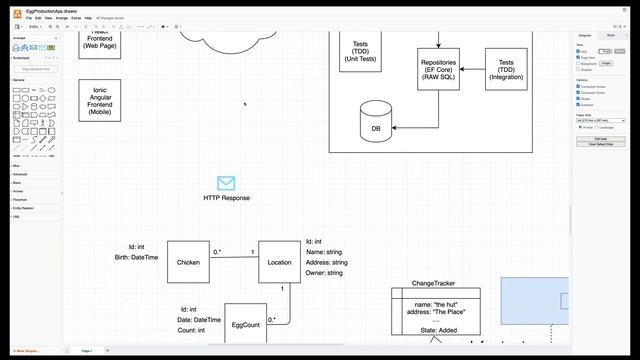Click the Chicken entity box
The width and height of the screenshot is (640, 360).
tap(188, 262)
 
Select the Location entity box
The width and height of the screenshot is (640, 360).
tap(280, 262)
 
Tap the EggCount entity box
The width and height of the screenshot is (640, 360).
tap(245, 325)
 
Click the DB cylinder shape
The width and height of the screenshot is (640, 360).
tap(376, 124)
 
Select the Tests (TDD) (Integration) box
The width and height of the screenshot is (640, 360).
tap(506, 69)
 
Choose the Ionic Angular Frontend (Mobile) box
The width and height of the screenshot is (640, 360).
tap(100, 101)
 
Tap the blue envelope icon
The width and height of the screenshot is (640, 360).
tap(226, 183)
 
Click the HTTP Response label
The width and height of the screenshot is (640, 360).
tap(227, 198)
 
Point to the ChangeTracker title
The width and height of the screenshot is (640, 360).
tap(435, 283)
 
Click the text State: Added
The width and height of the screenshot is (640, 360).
tap(436, 330)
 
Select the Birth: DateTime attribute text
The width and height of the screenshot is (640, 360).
tap(137, 258)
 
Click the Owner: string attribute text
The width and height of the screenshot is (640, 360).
tap(325, 273)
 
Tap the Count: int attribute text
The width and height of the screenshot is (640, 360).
tap(191, 330)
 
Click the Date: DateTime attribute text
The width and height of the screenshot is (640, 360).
tap(193, 320)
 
